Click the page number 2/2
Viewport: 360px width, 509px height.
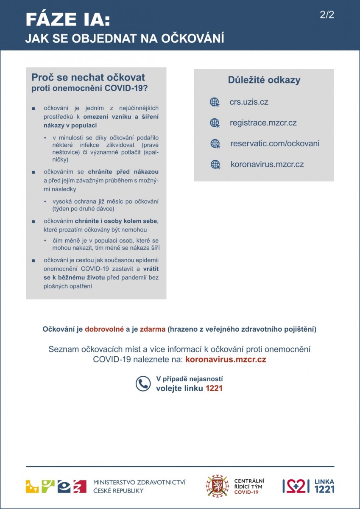[327, 15]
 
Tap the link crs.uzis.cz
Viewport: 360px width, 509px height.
[249, 102]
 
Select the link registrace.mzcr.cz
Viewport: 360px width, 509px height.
[263, 123]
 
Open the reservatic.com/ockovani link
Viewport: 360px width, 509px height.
[275, 143]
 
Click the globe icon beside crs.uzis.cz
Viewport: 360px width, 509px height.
[215, 102]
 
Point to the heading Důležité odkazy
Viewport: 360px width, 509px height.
[264, 80]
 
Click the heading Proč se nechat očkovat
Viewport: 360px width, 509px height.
[88, 77]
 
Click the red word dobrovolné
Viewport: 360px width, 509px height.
[104, 329]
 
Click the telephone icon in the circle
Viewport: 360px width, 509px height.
[143, 383]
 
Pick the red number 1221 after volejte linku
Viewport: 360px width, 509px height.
[214, 388]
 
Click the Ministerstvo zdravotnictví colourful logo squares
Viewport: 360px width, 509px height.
[56, 486]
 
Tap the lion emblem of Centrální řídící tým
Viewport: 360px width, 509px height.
[217, 486]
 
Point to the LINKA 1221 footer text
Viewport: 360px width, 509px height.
[324, 486]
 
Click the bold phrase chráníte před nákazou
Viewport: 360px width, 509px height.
[123, 172]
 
